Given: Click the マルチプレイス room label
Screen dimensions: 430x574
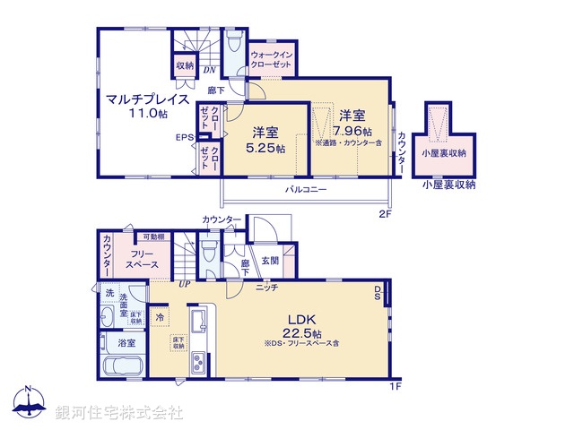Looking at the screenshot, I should (x=145, y=99).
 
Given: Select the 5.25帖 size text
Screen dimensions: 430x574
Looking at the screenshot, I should (x=268, y=150).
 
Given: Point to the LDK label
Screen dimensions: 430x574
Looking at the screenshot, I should (x=300, y=320).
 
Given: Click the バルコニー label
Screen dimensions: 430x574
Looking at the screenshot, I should (x=306, y=190).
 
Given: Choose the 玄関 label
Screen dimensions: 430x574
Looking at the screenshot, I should (x=270, y=260).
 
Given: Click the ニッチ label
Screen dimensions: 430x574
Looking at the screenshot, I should (x=265, y=288).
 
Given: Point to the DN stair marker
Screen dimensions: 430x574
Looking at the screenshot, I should (x=209, y=69).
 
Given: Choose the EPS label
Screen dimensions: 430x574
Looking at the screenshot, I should (x=184, y=137).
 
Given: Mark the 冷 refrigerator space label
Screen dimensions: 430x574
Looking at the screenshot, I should (x=159, y=316).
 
